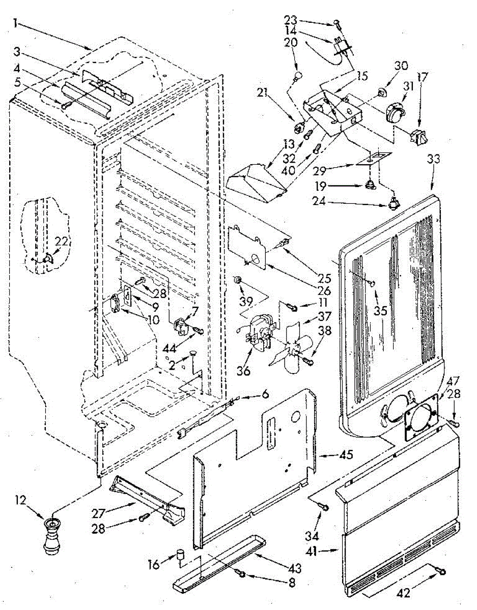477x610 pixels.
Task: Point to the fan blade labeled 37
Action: [x=292, y=348]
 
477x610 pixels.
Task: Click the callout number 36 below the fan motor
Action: [x=243, y=371]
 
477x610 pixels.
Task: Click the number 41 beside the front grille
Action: [x=312, y=552]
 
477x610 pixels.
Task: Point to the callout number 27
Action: [x=99, y=513]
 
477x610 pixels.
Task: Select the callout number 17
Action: [x=422, y=77]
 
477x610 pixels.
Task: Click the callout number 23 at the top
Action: [x=290, y=20]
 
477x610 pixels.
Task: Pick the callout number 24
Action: [x=319, y=201]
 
